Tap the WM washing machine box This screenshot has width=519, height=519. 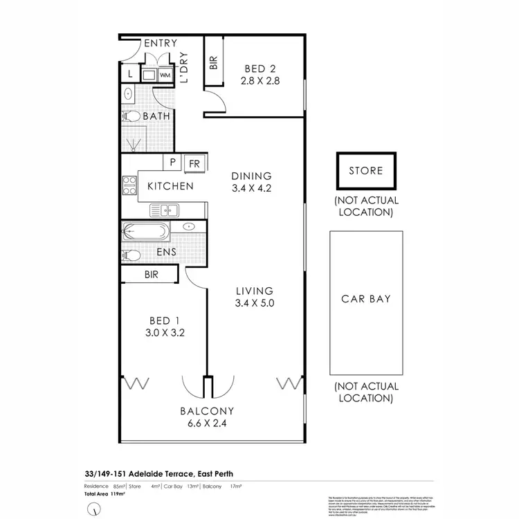165,75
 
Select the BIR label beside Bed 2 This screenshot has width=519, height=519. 212,64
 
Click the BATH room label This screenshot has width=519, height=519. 156,116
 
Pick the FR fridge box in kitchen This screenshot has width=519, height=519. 194,164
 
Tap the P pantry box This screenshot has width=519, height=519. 172,164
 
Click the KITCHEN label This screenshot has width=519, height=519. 170,186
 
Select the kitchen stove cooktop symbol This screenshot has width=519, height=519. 129,185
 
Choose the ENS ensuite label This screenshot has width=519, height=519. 165,253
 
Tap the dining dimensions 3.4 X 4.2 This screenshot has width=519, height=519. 252,188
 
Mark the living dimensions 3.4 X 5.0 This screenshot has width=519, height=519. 254,302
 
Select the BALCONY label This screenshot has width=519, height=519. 208,410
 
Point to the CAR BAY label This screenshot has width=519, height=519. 366,299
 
